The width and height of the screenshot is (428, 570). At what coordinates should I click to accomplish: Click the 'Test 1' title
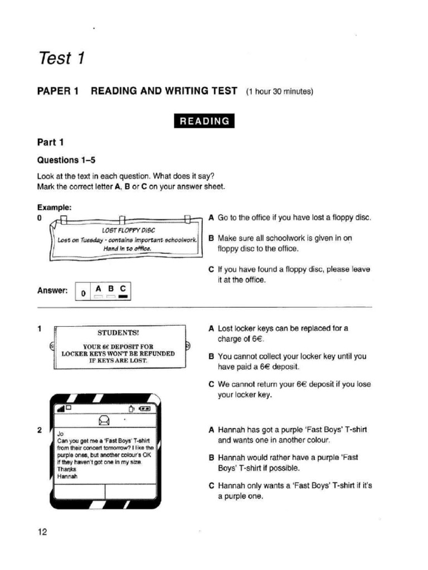tap(61, 58)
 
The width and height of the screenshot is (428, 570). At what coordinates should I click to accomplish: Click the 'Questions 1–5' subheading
tap(66, 160)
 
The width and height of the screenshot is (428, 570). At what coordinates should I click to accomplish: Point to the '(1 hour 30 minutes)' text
tap(279, 92)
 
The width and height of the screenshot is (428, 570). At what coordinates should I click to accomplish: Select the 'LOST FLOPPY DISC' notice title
tap(129, 230)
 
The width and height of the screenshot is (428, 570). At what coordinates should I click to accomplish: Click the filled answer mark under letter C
tap(123, 297)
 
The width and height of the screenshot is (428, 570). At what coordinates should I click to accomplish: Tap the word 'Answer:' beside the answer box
tap(52, 291)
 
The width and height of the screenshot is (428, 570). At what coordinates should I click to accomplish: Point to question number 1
tap(40, 328)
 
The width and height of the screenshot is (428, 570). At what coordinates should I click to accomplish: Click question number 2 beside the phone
tap(40, 430)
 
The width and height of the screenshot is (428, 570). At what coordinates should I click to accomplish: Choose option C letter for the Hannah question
tap(211, 485)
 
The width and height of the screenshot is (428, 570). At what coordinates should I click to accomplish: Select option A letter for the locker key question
tap(211, 328)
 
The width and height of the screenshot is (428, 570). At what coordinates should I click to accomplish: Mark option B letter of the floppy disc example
tap(211, 238)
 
